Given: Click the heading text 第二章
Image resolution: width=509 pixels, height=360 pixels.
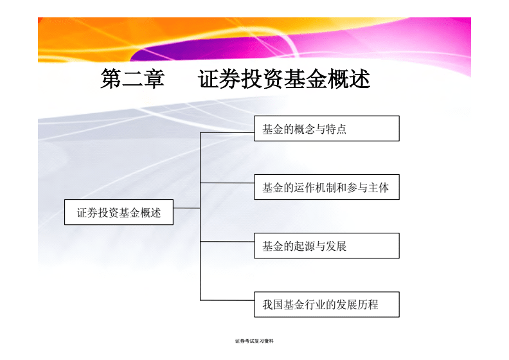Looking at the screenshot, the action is coord(132,78).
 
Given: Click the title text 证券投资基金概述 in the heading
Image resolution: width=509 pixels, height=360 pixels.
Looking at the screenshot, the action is coord(284,78).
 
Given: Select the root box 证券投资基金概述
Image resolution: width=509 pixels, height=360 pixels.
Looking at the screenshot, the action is coord(119,212).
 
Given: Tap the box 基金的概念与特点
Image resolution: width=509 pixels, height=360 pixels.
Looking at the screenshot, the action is coord(326,129).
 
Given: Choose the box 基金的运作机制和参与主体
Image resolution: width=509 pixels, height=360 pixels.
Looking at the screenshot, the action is coord(326,187).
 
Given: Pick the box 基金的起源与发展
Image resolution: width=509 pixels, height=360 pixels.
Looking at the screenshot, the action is coord(326,246).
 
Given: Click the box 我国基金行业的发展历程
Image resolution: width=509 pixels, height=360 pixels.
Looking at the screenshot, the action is coord(326,305).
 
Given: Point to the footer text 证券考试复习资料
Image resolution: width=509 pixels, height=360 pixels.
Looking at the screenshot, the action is coord(254,341).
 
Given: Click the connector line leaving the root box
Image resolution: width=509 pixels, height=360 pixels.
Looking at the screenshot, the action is coord(186,208).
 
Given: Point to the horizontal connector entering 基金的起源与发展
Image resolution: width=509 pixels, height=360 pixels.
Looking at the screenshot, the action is coord(228,242).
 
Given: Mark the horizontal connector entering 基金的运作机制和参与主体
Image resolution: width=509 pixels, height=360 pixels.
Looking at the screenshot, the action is coord(228,183).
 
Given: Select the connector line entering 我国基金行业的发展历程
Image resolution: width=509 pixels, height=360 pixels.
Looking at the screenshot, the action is coord(228,300).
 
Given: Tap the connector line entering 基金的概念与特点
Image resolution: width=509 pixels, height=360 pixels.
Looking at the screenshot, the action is coord(228,133).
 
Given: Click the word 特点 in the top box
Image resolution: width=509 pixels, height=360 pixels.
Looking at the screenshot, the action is coord(336,129).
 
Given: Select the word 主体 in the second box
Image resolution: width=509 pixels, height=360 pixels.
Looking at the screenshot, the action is coord(378,188).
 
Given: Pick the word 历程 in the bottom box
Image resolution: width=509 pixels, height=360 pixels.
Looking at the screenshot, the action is coord(368,305).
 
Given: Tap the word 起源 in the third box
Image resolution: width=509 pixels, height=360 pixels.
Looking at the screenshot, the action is coord(304,246).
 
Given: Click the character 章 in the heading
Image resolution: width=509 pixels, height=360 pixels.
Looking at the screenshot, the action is coord(154,78).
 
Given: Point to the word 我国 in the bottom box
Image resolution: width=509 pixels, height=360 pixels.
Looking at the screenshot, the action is coord(272,305).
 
